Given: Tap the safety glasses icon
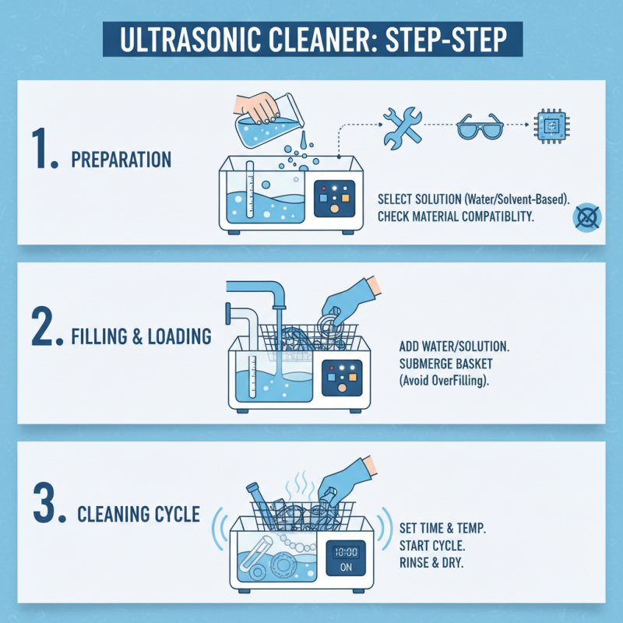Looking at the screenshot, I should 480,125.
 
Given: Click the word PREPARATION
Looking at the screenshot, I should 121,160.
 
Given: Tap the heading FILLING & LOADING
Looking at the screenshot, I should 142,336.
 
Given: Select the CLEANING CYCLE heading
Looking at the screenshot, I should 139,515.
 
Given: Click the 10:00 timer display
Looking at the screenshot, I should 346,552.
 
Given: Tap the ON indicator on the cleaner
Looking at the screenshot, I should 346,568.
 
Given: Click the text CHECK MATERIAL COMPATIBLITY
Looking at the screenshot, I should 456,216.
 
